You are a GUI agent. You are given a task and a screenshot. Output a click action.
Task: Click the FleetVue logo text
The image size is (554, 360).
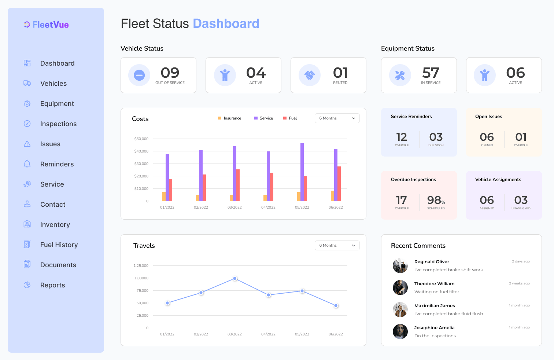tap(51, 25)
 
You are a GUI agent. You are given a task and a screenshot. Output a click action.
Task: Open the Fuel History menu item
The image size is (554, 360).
tap(59, 245)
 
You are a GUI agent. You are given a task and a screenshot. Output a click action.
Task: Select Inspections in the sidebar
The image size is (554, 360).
tap(58, 124)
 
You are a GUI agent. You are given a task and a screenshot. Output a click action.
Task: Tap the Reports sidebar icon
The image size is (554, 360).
tap(27, 285)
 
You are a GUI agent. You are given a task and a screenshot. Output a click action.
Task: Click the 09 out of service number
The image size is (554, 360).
tap(170, 73)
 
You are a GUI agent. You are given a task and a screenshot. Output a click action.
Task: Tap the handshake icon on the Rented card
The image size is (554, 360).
tap(310, 75)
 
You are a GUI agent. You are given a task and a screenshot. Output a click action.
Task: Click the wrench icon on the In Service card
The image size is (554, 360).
tap(400, 75)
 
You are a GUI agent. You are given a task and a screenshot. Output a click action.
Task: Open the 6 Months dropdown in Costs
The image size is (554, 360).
tap(337, 118)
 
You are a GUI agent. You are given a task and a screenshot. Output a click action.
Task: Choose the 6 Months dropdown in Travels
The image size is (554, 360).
tap(337, 245)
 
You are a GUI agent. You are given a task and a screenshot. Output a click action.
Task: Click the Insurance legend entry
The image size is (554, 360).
tap(230, 118)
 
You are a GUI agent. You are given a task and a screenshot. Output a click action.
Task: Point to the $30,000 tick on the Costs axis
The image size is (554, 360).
tap(141, 164)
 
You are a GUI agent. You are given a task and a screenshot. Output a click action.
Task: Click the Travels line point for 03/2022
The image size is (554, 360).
tap(235, 279)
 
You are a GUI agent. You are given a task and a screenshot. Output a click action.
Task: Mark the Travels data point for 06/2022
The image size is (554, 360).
tap(336, 305)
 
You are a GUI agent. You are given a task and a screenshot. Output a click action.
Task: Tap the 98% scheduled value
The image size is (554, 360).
tap(436, 200)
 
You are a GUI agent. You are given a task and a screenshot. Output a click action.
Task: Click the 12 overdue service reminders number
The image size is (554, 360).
tap(402, 137)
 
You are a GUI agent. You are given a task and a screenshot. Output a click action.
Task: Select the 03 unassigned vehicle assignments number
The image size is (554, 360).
tap(521, 200)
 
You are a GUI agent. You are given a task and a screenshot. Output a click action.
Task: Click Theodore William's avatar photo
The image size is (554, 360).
tap(400, 288)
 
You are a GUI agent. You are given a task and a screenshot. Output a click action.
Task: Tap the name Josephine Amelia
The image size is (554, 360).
tap(434, 328)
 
